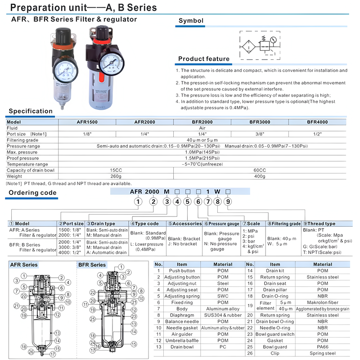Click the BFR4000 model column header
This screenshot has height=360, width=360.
coord(317,122)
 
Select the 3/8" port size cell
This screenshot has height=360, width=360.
coord(260,134)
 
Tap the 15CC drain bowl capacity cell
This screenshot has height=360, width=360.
coord(116,170)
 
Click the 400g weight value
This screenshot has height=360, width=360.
coord(260,176)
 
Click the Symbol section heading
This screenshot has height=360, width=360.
coord(191,21)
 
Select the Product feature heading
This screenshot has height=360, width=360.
coord(203,59)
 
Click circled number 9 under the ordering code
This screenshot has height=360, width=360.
coord(228,202)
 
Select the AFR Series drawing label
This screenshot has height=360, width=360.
coord(24,265)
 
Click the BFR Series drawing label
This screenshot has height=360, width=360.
coord(92,265)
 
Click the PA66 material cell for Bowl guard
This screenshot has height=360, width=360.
coord(323,347)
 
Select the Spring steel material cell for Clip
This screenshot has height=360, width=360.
coord(323,353)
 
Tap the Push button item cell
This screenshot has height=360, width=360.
coord(182,271)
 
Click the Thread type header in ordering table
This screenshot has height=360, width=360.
coord(321,224)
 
